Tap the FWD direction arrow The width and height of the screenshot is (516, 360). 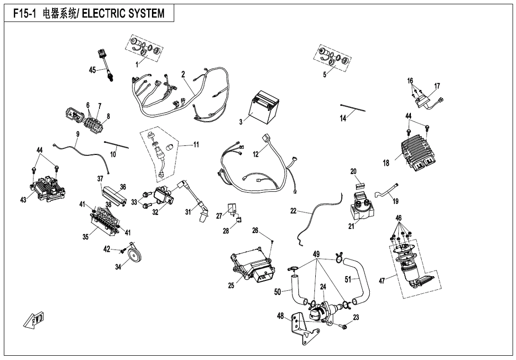click(33, 321)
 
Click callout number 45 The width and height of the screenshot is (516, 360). click(92, 70)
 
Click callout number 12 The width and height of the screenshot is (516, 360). click(256, 154)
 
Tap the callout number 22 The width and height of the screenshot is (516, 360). click(294, 211)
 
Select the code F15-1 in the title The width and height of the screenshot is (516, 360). click(26, 14)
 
